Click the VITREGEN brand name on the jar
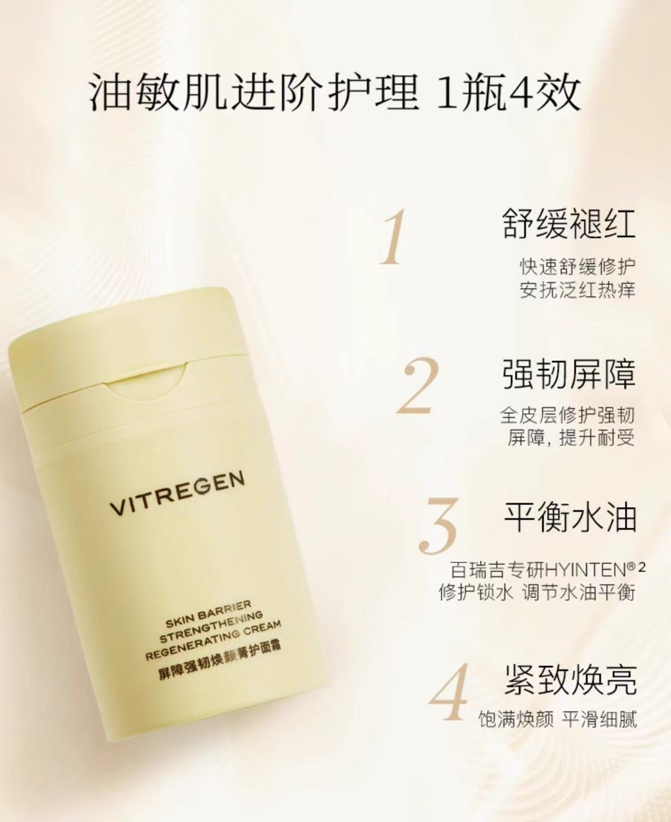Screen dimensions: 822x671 click(x=177, y=494)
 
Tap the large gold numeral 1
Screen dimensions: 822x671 click(x=392, y=237)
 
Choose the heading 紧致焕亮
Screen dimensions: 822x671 click(x=571, y=680)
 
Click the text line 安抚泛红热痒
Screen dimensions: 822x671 click(x=577, y=290)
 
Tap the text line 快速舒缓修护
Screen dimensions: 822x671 click(x=577, y=266)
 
